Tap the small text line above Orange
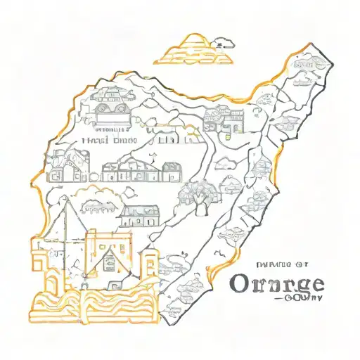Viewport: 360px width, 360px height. (280, 265)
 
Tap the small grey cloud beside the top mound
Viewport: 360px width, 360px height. (223, 41)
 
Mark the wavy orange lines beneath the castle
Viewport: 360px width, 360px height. (91, 309)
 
